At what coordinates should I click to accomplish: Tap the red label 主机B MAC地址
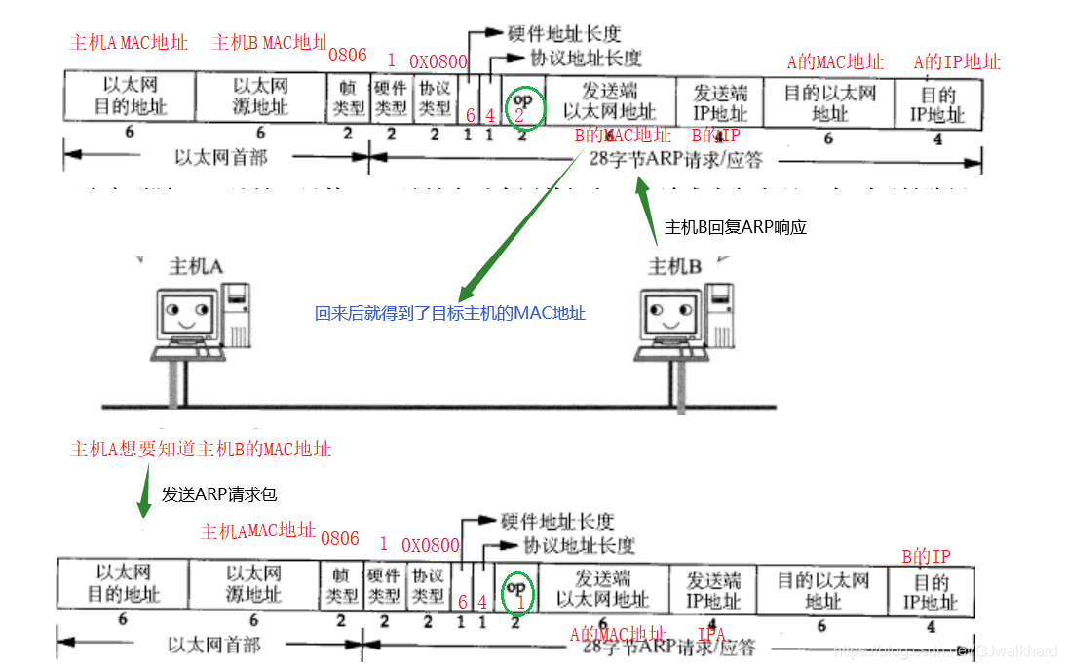[x=270, y=42]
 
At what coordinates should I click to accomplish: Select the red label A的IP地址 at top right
[x=957, y=62]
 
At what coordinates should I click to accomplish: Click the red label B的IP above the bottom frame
[x=926, y=557]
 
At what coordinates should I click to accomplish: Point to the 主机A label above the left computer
[x=196, y=266]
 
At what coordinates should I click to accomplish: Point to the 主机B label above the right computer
[x=675, y=266]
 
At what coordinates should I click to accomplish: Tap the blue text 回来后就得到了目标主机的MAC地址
[x=450, y=314]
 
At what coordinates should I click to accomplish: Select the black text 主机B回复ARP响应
[x=736, y=227]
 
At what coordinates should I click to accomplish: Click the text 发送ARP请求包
[x=226, y=493]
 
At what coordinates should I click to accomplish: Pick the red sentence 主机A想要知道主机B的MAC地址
[x=202, y=450]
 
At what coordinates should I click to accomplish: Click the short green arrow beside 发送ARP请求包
[x=144, y=494]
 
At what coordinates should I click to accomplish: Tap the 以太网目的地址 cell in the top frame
[x=130, y=97]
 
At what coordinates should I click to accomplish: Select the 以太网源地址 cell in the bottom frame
[x=253, y=583]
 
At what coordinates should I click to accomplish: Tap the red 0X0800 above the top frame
[x=438, y=61]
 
